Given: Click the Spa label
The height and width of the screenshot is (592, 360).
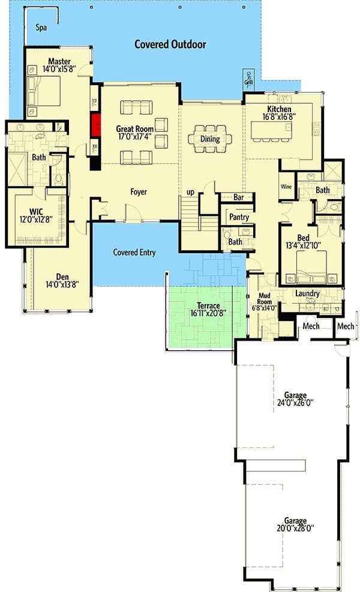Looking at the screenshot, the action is [41, 28].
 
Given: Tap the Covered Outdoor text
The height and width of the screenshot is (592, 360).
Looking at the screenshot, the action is [170, 44].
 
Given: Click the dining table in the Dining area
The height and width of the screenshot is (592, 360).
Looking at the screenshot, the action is [209, 139].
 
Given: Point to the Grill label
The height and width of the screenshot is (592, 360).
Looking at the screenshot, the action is [248, 80].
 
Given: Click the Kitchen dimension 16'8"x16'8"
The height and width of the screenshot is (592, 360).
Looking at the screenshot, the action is [279, 117].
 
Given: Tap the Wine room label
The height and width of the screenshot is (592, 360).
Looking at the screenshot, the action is [286, 187].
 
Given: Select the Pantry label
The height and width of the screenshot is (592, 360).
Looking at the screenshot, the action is [239, 217].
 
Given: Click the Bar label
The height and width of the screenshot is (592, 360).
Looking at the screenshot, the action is [238, 197].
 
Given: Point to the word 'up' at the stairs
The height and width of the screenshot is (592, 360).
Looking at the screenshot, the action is [190, 192].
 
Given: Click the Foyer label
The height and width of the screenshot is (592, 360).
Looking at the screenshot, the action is [139, 192].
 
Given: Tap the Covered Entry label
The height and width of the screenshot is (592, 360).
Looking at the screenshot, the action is [134, 252].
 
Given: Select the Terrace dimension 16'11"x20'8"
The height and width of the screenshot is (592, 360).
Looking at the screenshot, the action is [208, 313].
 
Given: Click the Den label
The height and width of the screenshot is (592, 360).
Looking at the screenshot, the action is [62, 277].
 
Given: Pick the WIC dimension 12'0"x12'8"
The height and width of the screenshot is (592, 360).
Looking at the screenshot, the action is [36, 220].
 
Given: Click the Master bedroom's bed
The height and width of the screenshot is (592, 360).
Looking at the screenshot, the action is [44, 91].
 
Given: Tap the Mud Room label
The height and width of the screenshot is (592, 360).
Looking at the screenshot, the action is [265, 299].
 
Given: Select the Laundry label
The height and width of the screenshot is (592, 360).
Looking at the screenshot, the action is [307, 293].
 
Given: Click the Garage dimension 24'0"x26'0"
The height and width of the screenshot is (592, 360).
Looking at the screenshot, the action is [295, 403].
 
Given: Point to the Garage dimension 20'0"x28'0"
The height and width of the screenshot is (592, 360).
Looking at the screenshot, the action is [295, 528].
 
